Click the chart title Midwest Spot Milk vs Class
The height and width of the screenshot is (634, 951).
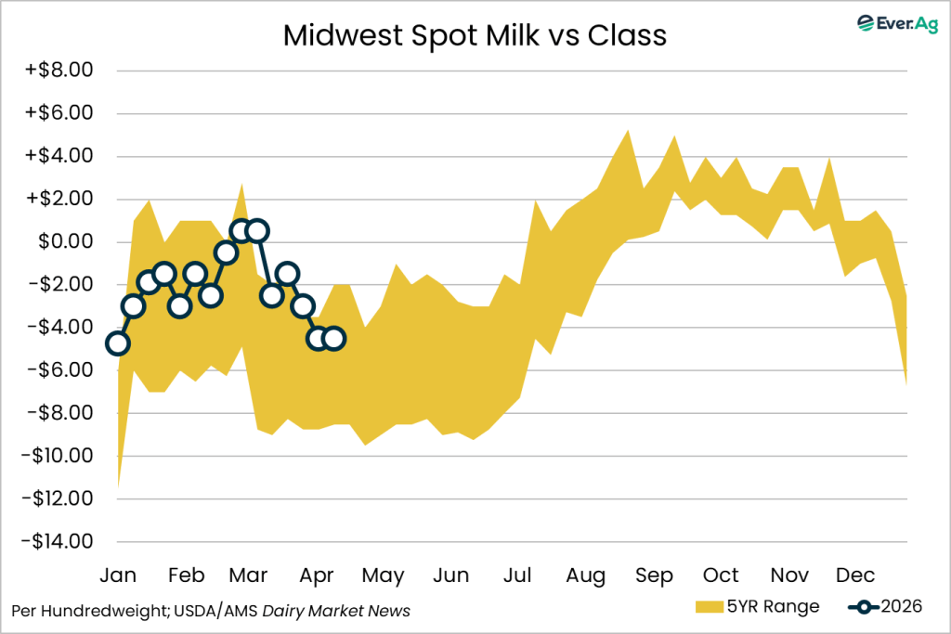(x=475, y=35)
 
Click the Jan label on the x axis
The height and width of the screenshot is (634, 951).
(x=117, y=576)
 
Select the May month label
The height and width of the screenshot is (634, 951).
(x=383, y=576)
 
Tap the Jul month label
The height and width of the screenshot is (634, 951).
(x=518, y=576)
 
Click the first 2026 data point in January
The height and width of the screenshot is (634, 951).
(x=117, y=343)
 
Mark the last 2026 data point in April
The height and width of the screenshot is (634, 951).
(x=334, y=338)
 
